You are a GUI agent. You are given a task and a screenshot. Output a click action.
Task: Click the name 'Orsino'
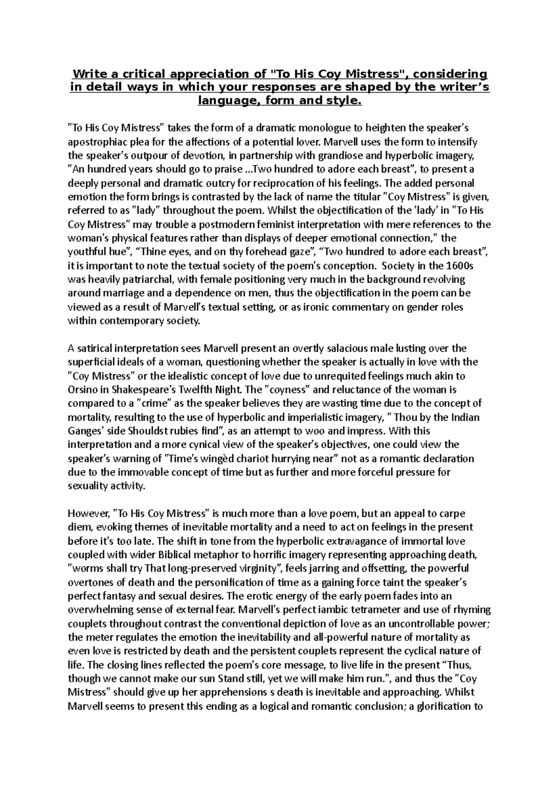pos(82,389)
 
